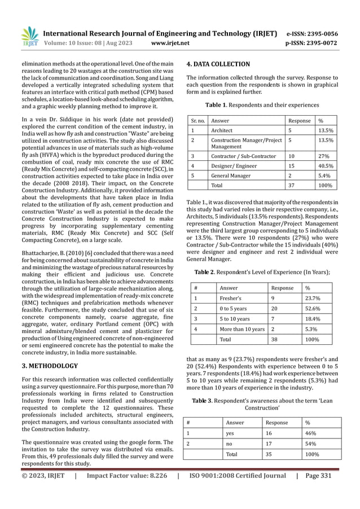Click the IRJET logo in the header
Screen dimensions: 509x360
click(29, 37)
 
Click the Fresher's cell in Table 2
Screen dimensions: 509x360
click(230, 300)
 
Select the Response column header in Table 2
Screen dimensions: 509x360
click(282, 287)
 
